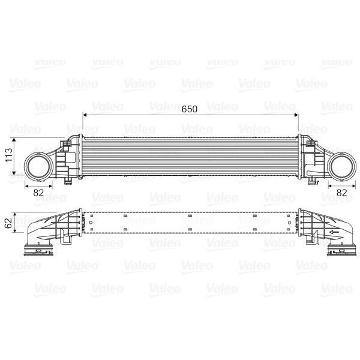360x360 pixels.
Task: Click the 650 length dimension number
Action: pyautogui.click(x=190, y=109)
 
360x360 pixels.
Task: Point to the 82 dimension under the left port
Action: pyautogui.click(x=38, y=192)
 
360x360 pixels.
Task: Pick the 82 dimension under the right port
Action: pyautogui.click(x=341, y=192)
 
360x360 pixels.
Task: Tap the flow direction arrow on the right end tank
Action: pyautogui.click(x=332, y=232)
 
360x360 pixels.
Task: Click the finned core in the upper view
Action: pyautogui.click(x=190, y=157)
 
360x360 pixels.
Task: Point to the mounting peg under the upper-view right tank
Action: pyautogui.click(x=313, y=180)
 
